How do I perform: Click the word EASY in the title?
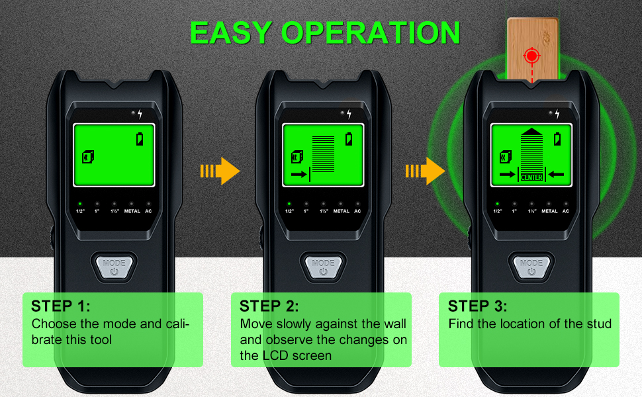tap(232, 32)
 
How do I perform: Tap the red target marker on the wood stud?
tap(532, 56)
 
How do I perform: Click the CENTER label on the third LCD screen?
tap(531, 177)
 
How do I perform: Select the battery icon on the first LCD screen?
tap(140, 139)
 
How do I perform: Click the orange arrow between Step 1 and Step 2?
tap(220, 171)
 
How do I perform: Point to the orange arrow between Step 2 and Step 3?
tap(425, 171)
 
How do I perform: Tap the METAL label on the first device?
tap(132, 211)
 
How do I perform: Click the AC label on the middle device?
tap(357, 211)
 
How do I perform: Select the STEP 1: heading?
tap(61, 306)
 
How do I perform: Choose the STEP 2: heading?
tap(269, 306)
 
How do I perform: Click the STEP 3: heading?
tap(477, 306)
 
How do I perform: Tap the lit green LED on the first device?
tap(80, 203)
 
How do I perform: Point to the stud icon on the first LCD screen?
tap(88, 157)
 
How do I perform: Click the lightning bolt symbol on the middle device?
tap(349, 114)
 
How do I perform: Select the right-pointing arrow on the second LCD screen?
tap(299, 175)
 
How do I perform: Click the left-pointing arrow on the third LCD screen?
tap(556, 175)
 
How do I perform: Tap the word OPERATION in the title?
tap(371, 32)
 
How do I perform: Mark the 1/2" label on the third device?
tap(498, 211)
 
